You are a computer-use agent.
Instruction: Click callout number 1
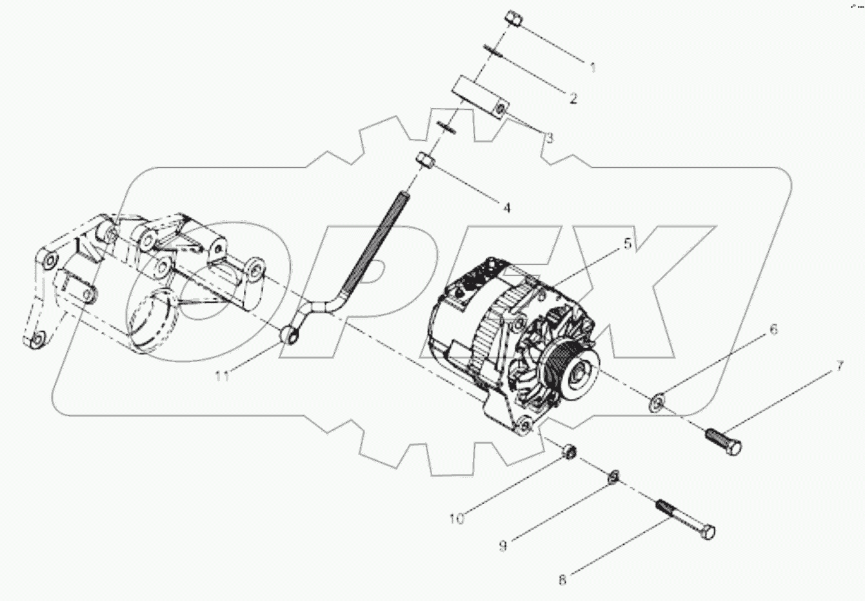[592, 67]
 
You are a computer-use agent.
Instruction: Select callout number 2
[572, 98]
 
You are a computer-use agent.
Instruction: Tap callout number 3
[550, 138]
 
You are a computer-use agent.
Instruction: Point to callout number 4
[506, 208]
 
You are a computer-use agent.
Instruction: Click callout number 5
[626, 244]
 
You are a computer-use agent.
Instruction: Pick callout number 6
[773, 331]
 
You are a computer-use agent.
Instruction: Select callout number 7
[839, 367]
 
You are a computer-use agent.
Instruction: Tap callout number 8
[562, 580]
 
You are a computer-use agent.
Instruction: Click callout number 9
[503, 545]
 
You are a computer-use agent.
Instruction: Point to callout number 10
[457, 518]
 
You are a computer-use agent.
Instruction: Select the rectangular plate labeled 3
[481, 97]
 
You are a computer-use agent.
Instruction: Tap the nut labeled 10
[568, 450]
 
